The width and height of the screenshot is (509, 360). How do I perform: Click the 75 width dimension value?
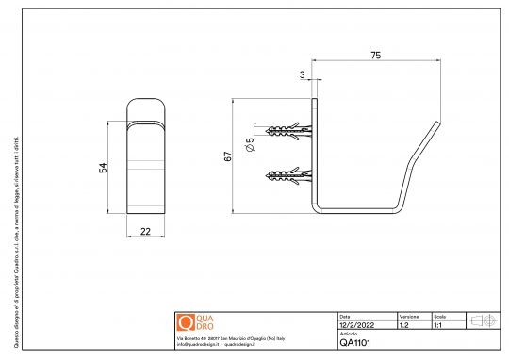tap(376, 57)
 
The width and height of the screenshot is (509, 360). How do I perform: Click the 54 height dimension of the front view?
tap(105, 167)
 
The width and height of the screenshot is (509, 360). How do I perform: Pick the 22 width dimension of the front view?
tap(146, 230)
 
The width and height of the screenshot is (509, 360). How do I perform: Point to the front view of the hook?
tap(146, 155)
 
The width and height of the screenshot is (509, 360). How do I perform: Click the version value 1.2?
tap(404, 324)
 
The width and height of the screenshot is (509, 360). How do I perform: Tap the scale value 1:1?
tap(438, 324)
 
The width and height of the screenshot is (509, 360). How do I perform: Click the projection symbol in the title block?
tap(483, 320)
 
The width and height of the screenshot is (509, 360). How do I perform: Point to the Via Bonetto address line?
tap(232, 337)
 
